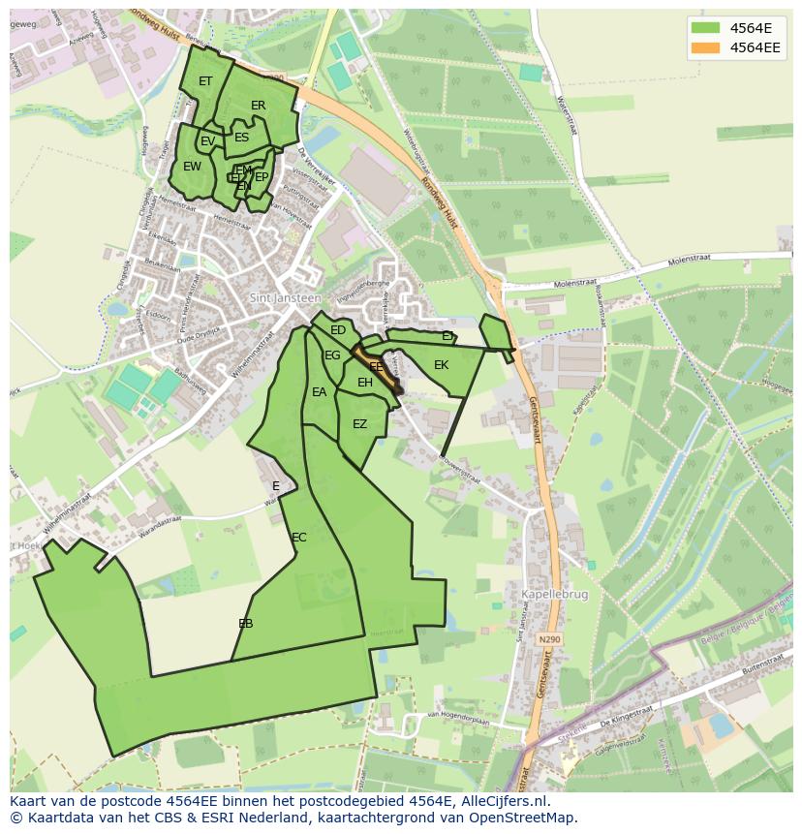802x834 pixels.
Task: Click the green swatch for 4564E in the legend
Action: [x=705, y=27]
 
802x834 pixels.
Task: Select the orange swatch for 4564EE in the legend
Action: [x=705, y=46]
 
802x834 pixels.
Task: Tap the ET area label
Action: [x=205, y=81]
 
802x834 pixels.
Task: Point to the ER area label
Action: [x=259, y=106]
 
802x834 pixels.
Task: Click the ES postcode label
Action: [x=242, y=138]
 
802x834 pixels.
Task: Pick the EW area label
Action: [x=193, y=167]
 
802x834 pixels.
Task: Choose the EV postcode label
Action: [x=207, y=142]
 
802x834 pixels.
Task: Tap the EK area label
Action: [x=442, y=365]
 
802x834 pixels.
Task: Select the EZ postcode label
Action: [x=360, y=424]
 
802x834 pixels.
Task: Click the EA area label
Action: [x=320, y=392]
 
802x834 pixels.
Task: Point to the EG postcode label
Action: [x=332, y=355]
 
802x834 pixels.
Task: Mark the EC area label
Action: [x=299, y=538]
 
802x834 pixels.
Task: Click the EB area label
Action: [x=246, y=624]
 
